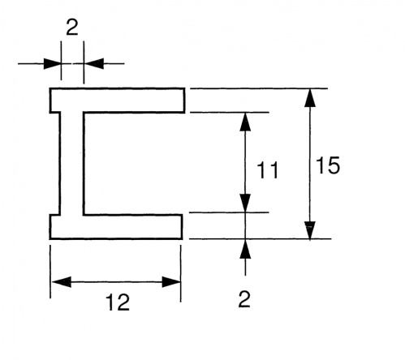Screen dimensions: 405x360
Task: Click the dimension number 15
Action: (328, 165)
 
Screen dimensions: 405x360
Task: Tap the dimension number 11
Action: (268, 170)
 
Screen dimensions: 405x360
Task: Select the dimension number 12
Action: (118, 302)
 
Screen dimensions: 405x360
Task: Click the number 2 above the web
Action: (72, 28)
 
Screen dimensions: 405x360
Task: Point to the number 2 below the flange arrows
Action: (244, 299)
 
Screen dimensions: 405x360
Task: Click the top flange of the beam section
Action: (117, 100)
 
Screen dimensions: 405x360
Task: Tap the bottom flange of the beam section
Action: (116, 227)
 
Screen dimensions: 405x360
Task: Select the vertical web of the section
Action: (71, 164)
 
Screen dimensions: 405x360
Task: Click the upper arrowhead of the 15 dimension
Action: (310, 98)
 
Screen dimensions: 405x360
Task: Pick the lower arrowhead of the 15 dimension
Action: (310, 230)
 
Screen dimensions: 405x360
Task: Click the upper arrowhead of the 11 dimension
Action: (245, 122)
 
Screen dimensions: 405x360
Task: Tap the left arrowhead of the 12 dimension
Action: (61, 282)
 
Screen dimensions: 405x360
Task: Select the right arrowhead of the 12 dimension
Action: (171, 282)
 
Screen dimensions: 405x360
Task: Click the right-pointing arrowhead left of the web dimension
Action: (52, 63)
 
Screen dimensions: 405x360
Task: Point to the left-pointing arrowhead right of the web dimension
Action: (93, 63)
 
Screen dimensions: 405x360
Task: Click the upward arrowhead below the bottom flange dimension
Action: (245, 249)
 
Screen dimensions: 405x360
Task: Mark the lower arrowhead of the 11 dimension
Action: (245, 204)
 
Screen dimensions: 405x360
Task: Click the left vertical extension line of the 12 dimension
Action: (50, 272)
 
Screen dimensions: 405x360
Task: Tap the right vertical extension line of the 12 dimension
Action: (181, 273)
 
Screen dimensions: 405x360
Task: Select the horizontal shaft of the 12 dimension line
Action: (116, 282)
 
